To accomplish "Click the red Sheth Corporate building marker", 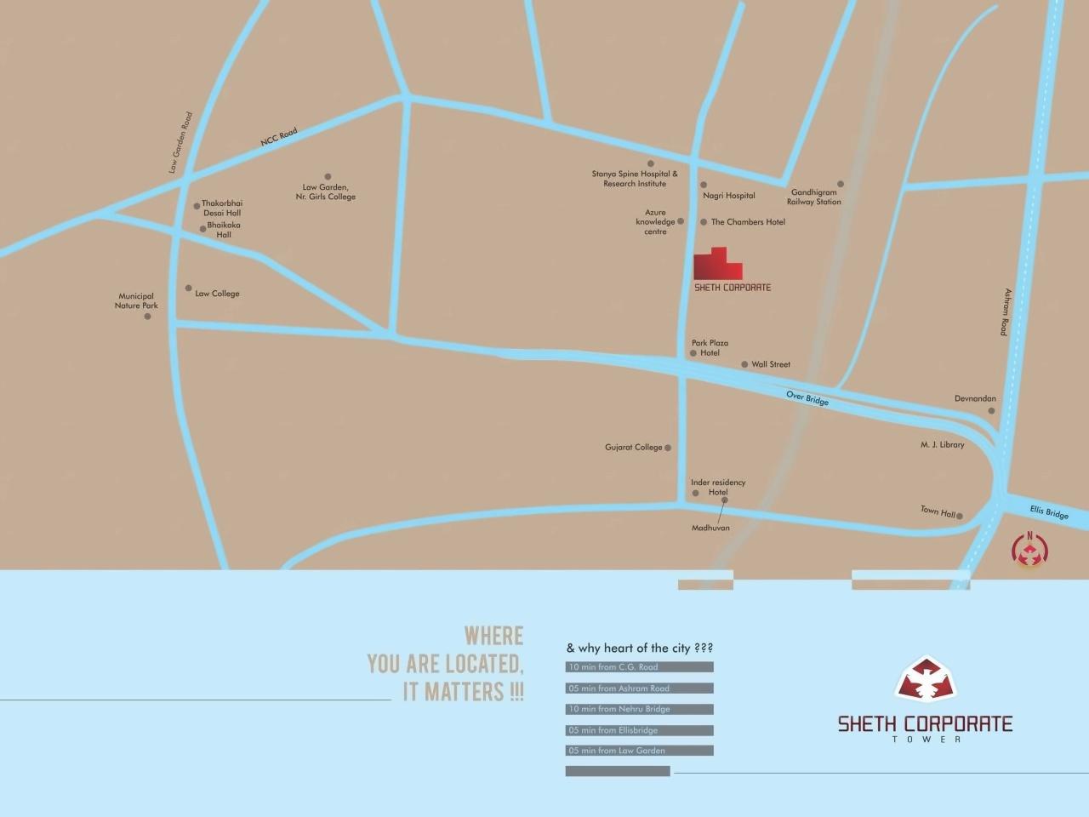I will tap(717, 265).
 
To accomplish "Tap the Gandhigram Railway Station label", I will tap(813, 197).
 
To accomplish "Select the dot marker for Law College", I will tap(189, 289).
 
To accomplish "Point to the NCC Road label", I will tap(279, 139).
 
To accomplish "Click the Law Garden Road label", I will tap(180, 143).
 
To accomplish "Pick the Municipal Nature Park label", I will tap(136, 301).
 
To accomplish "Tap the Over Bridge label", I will tap(807, 397).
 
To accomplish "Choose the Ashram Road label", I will tap(1006, 311).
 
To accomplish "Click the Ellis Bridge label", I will tap(1048, 512).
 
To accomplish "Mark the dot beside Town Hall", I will tap(960, 516).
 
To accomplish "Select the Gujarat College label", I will tap(633, 448).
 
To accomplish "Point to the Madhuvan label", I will tap(710, 528).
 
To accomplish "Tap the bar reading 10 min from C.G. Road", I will tap(639, 667).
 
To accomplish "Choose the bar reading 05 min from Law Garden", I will tap(639, 751).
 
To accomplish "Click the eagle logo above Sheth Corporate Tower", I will tap(925, 679).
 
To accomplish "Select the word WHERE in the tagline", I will tap(493, 636).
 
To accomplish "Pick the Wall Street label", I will tap(771, 364).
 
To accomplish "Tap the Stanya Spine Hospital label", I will tap(635, 179).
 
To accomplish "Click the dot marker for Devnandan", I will tap(991, 411).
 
